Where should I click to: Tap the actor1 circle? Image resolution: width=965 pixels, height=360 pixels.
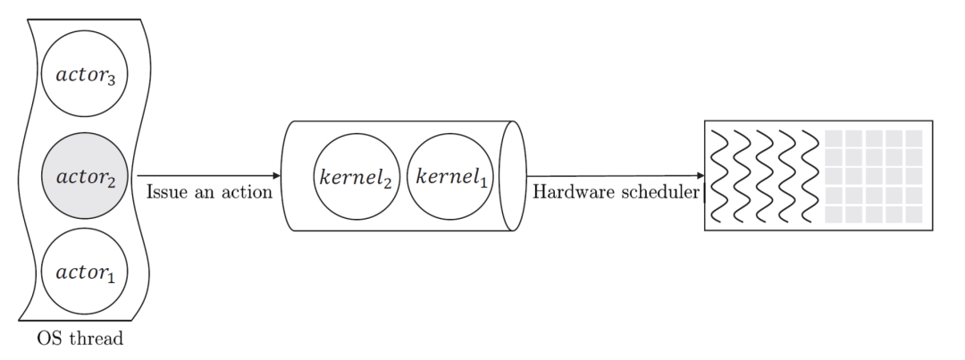(84, 270)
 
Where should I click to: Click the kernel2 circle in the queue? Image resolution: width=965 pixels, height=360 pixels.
(355, 176)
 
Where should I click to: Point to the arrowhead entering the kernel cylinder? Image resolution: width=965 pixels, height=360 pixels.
(275, 175)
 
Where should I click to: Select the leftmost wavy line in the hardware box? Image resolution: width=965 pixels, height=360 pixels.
(718, 176)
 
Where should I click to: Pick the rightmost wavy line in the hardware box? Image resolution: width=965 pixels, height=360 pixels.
(810, 176)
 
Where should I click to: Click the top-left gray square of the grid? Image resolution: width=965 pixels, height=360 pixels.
(832, 138)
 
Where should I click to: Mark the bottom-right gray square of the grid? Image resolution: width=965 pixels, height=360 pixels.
(914, 214)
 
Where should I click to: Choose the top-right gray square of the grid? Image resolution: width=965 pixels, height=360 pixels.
(914, 138)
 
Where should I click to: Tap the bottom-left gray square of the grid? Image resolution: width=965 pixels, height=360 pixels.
(832, 214)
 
